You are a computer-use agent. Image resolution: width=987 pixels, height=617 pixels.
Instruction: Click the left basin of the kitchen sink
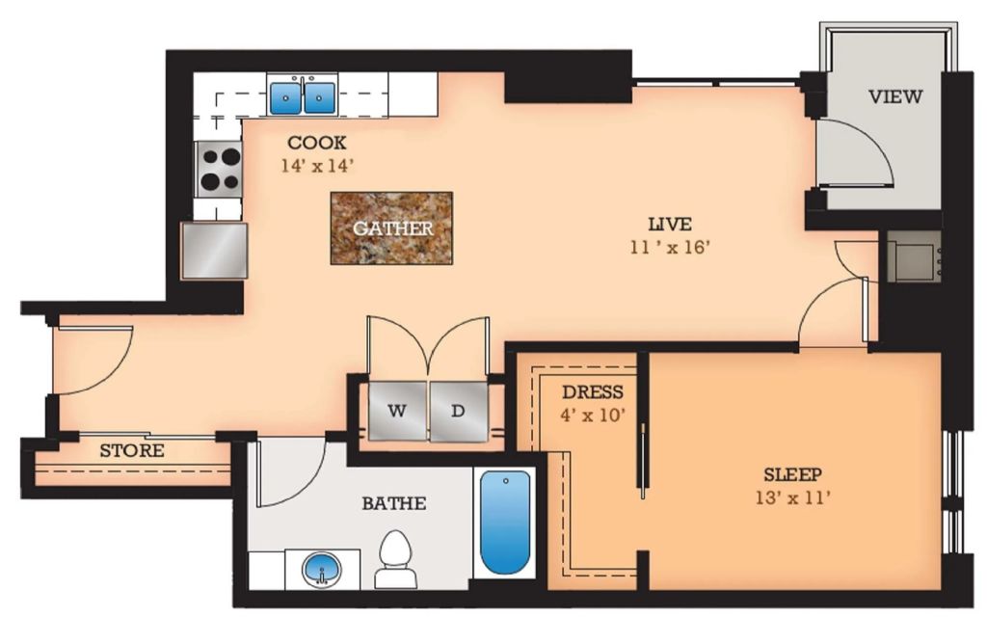click(x=285, y=97)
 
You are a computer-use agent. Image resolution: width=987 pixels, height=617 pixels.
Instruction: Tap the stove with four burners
click(x=219, y=170)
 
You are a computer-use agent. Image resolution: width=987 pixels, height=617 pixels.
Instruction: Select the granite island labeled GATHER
click(x=391, y=228)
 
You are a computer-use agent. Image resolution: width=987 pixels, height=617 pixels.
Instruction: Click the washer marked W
click(x=396, y=411)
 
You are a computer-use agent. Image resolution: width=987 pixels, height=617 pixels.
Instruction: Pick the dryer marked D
click(x=458, y=411)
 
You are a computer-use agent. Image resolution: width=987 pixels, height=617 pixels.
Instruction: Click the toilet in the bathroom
click(x=396, y=559)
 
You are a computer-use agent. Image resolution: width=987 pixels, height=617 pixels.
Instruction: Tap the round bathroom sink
click(x=323, y=570)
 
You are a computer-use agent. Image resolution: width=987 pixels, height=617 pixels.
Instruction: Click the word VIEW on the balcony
click(x=895, y=96)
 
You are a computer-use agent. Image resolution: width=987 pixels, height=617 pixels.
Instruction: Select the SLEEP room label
click(x=793, y=474)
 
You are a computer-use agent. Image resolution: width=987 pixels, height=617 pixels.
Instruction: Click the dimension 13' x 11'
click(x=793, y=498)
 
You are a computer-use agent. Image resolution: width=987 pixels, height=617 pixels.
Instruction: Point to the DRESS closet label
click(x=593, y=392)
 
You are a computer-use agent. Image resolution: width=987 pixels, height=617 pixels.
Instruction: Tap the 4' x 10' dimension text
click(x=593, y=416)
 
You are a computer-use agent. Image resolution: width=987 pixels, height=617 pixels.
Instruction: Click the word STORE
click(x=132, y=451)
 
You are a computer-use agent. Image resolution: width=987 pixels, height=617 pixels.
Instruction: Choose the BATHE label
click(x=394, y=503)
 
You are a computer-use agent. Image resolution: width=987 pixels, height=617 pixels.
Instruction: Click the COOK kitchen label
click(x=317, y=143)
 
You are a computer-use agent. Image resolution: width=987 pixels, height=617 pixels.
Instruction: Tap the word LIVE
click(x=670, y=224)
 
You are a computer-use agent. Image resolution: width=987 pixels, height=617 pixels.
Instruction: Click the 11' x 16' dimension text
click(x=670, y=248)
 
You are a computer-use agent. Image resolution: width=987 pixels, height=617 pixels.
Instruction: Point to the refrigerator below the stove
click(x=214, y=250)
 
